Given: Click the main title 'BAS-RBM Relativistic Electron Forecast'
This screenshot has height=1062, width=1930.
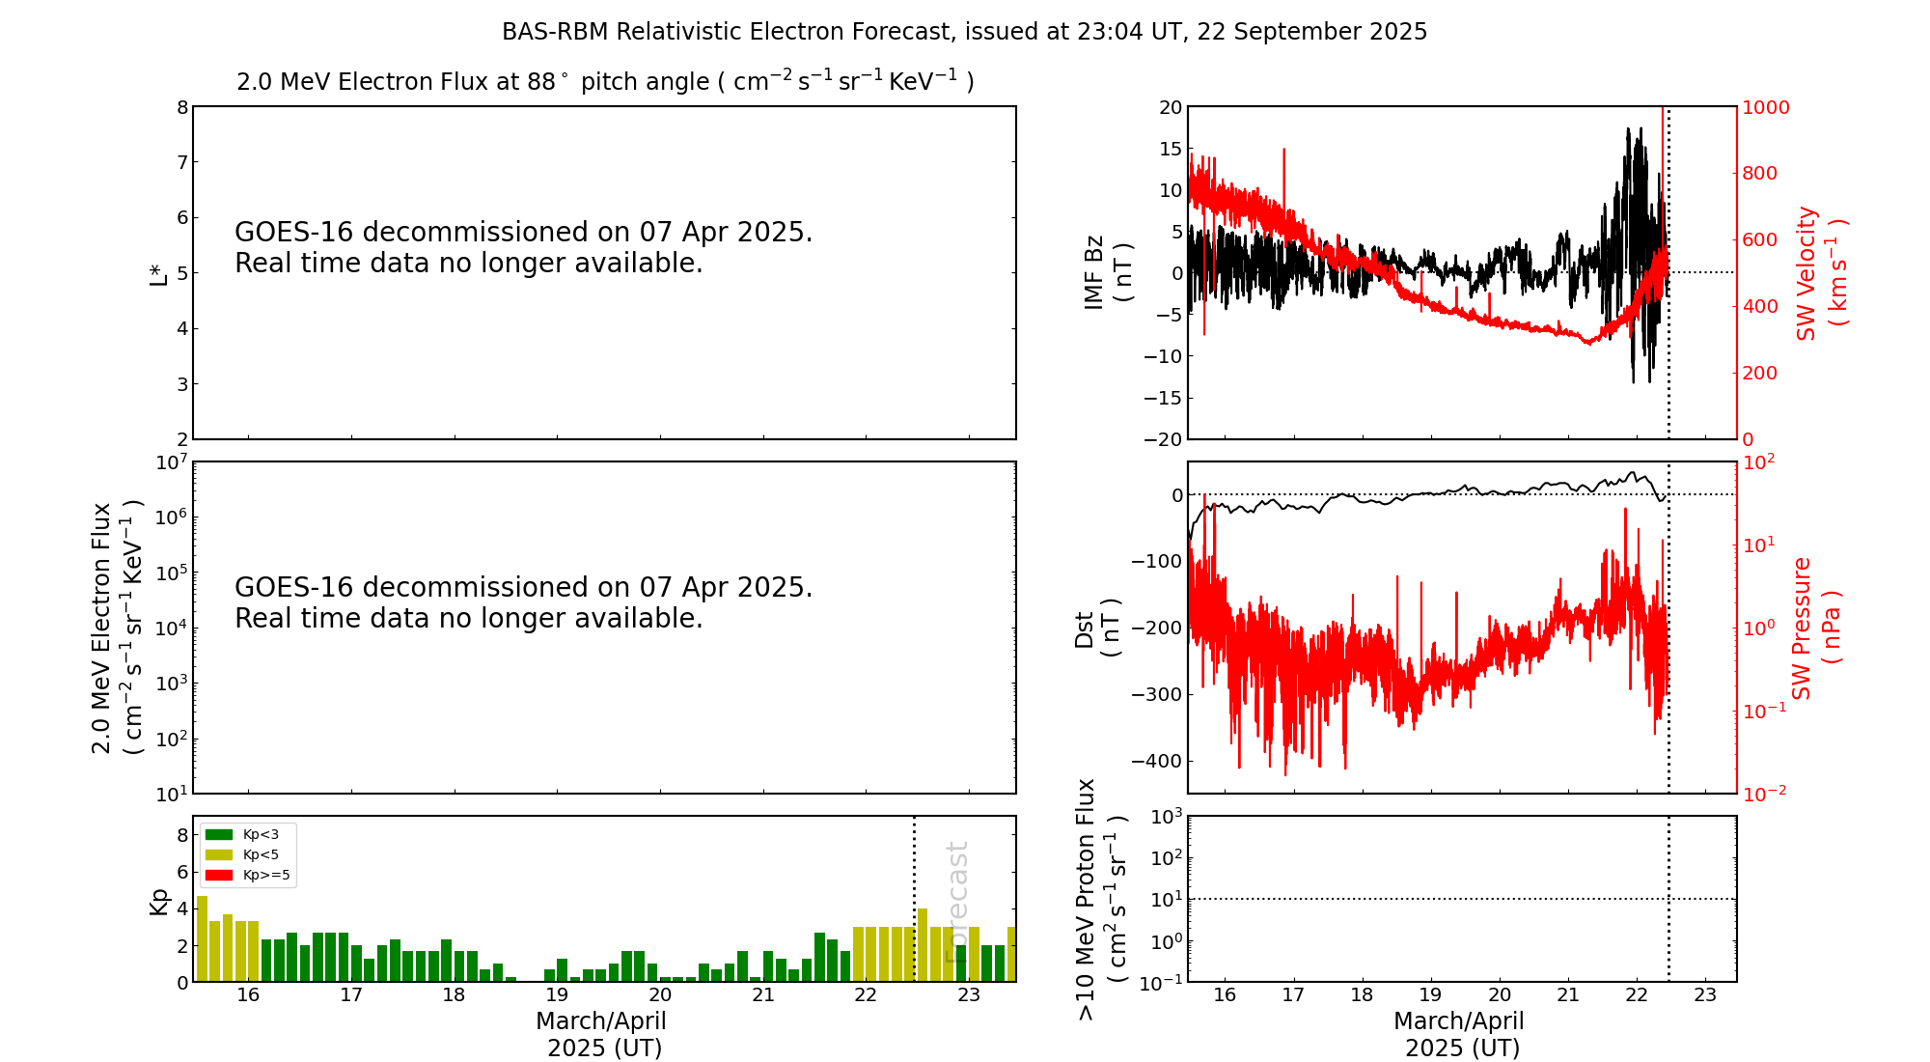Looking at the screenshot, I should coord(963,32).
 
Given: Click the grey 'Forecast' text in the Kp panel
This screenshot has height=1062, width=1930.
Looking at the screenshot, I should coord(956,902).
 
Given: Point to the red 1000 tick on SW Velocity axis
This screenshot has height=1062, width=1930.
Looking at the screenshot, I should coord(1765,107).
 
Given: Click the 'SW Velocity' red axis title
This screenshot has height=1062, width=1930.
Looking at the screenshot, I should coord(1806,273).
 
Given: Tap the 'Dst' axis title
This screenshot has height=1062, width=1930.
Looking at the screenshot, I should coord(1085,629).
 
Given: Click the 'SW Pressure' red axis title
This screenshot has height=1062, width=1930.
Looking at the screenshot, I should coord(1802,629).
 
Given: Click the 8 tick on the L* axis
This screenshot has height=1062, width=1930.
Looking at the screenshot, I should coord(181,107).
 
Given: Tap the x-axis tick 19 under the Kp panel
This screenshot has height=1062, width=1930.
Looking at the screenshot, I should coord(557,995).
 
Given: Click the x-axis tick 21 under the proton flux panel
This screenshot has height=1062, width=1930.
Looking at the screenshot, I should coord(1567,995).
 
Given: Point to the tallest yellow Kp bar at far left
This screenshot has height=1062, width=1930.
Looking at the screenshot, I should coord(202,938).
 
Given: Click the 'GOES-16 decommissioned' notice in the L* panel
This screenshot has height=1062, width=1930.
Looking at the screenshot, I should coord(523,247).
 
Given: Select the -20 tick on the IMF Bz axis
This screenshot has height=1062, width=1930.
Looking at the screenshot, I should coord(1163,439).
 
